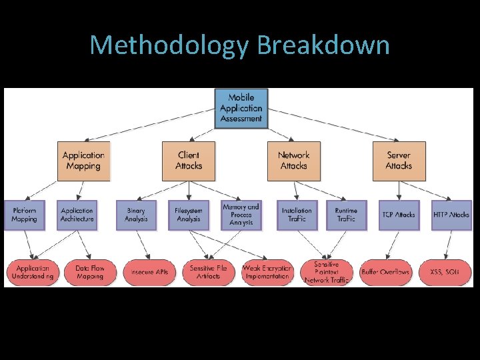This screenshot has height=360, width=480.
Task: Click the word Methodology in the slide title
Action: pos(169,45)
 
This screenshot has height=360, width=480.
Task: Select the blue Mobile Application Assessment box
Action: pos(241,108)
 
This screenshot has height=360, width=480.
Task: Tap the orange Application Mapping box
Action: pos(83,161)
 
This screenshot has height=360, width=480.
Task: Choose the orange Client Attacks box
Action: pos(189,161)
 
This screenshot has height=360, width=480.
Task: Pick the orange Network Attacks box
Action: pos(293,161)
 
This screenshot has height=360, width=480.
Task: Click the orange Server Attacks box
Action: pos(399,161)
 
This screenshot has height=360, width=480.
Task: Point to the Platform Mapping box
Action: pos(24,215)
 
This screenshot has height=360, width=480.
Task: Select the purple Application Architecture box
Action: pos(77,215)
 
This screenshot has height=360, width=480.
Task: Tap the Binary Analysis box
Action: pos(136,215)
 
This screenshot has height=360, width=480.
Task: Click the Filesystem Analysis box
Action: pos(189,215)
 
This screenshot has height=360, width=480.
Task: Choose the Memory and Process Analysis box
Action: pos(241,215)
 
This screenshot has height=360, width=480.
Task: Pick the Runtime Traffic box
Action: pos(346,215)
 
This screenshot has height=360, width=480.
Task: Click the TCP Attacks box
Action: pos(399,215)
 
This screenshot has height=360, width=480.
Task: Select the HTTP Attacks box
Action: pos(451,215)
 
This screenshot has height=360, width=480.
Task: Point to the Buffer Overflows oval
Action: pos(385,272)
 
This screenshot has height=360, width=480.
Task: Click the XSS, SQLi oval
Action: pos(443,272)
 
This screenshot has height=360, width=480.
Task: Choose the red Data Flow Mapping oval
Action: pos(89,272)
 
